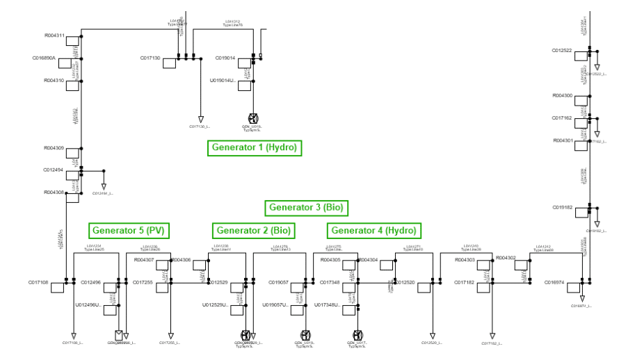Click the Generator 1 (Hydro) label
pos(255,147)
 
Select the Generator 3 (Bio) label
pos(306,207)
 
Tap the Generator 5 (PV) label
pos(130,230)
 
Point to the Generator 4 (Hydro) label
pos(373,230)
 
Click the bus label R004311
pos(54,35)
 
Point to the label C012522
pos(562,51)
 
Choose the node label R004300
pos(562,95)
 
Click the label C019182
pos(562,207)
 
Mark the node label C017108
pos(38,283)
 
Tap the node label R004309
pos(54,148)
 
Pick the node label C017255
pos(143,283)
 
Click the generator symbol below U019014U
pos(253,118)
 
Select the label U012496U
pos(88,305)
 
